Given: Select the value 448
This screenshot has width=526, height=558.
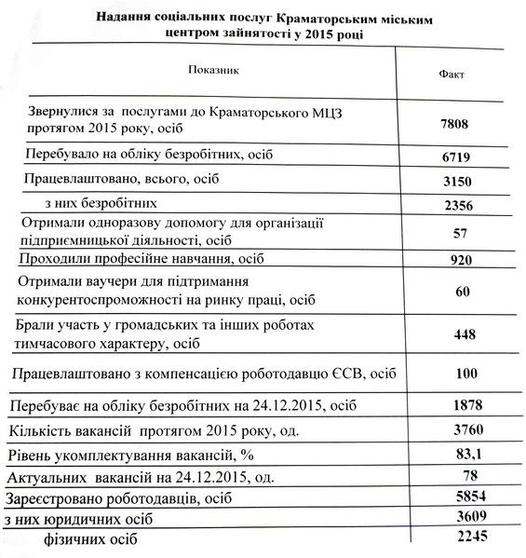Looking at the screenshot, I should coord(463,334).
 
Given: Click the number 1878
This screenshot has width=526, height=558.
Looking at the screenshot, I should coord(463,407).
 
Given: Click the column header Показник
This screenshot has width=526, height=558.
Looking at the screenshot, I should coord(215,70).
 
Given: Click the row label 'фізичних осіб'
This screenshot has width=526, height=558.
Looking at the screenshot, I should coord(89,538).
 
